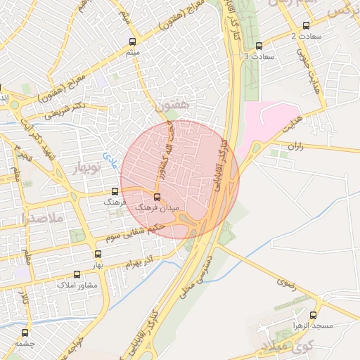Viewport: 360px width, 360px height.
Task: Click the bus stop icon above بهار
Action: pos(97,254)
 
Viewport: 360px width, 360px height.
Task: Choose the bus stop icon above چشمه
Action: pos(25,333)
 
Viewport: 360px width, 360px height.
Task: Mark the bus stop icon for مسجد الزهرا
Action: pos(313,316)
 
